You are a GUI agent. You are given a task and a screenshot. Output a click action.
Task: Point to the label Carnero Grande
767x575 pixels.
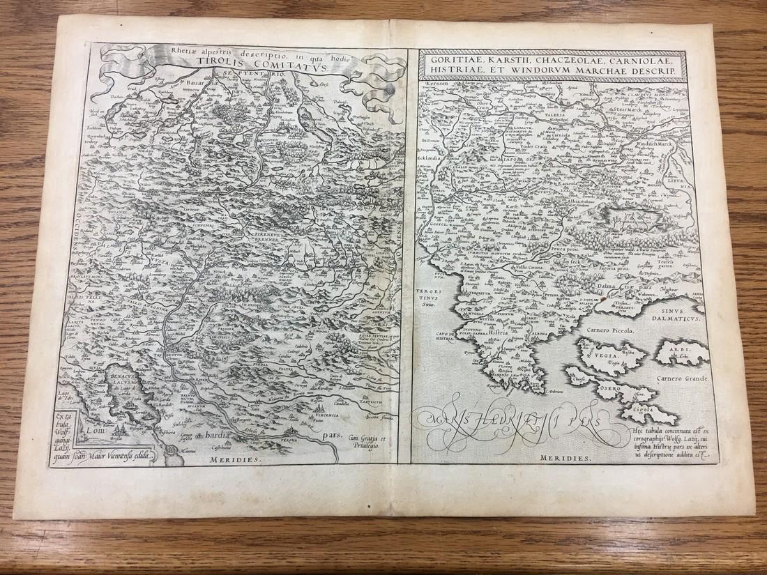[680, 378]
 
